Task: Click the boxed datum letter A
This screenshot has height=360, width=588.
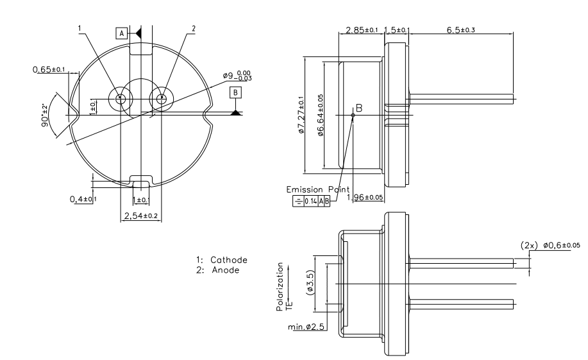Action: click(121, 33)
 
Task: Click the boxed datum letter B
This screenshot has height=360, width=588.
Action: click(235, 92)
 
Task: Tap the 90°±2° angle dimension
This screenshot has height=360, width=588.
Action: click(45, 115)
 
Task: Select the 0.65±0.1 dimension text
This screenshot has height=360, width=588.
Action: click(49, 69)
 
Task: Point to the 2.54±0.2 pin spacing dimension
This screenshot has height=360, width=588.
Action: click(140, 216)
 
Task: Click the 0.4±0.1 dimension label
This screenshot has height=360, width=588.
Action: click(83, 199)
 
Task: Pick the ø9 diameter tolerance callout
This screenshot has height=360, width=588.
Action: click(237, 76)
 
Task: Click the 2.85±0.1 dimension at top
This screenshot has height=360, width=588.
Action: click(362, 30)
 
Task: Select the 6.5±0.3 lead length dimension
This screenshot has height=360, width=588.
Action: click(461, 30)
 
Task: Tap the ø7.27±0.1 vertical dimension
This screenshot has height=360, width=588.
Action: click(301, 115)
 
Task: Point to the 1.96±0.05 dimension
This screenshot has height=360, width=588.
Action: click(365, 197)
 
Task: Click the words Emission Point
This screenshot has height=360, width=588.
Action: click(317, 189)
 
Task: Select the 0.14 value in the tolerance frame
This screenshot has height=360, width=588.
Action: click(310, 201)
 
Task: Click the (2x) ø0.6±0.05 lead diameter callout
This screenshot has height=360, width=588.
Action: click(550, 245)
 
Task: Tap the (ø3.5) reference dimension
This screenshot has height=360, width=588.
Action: click(310, 282)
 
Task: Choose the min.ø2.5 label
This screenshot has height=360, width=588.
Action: click(306, 327)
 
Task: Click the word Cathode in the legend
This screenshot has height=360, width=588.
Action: click(229, 260)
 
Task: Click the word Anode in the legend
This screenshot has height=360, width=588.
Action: click(226, 270)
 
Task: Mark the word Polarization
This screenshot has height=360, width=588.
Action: click(280, 286)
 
